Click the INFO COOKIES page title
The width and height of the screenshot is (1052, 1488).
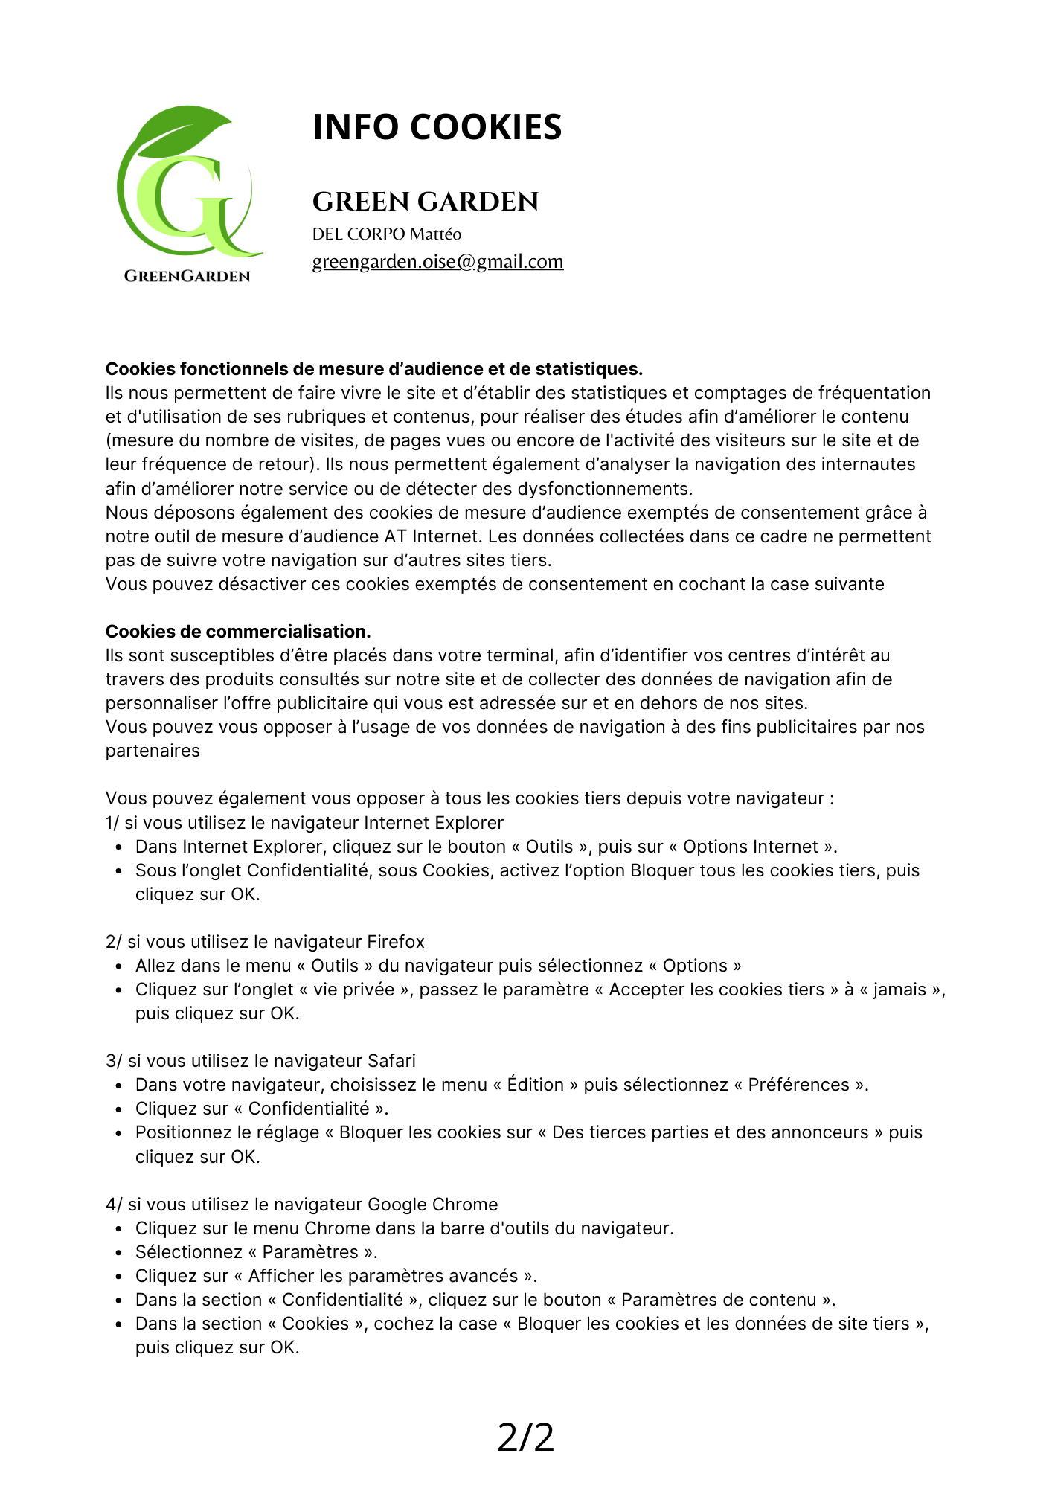point(437,127)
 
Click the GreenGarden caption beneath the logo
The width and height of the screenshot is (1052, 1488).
point(187,276)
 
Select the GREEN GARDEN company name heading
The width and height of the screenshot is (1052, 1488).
point(425,202)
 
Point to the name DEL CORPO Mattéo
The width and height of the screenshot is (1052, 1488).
point(386,234)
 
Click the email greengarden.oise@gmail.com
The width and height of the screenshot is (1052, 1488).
point(437,262)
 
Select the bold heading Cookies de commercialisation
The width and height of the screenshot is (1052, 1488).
point(238,632)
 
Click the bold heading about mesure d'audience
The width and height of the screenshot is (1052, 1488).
point(373,369)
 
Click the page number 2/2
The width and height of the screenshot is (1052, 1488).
point(525,1437)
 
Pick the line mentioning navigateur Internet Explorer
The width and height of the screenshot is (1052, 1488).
point(304,823)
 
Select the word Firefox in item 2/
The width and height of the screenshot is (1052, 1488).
point(396,942)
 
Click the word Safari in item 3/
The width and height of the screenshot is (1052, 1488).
point(391,1061)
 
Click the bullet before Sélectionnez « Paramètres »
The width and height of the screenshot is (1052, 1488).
point(118,1253)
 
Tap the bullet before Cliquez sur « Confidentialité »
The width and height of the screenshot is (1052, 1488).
point(118,1109)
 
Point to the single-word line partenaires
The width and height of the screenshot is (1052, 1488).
point(153,751)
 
